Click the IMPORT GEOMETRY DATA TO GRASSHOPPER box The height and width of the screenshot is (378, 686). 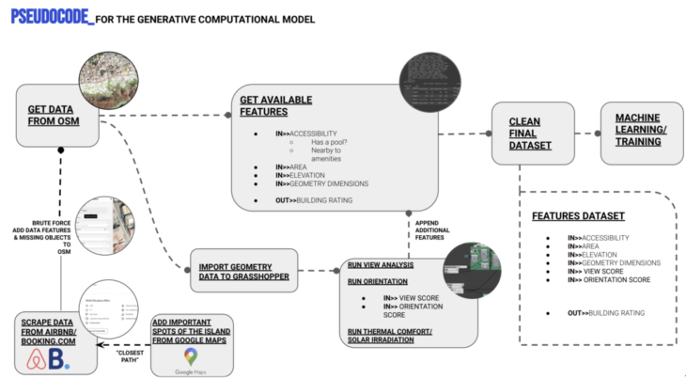tap(243, 270)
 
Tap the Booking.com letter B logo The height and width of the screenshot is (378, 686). tap(64, 359)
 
